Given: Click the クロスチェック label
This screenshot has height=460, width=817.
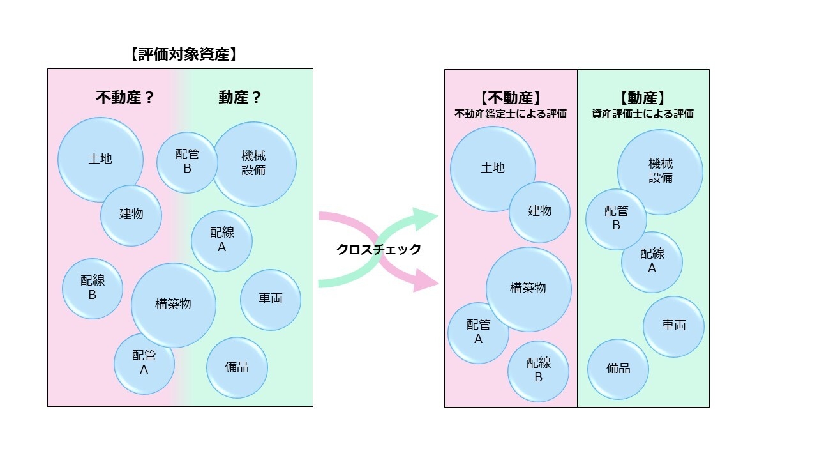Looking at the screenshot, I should coord(379,250).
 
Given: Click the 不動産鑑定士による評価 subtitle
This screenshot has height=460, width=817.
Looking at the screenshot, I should coord(511,114).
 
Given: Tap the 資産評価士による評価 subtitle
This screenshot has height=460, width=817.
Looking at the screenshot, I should coord(643,114).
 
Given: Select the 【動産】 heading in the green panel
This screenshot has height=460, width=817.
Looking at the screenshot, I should coord(643,98).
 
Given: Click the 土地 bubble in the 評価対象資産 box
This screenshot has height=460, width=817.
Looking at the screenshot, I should coord(100,159).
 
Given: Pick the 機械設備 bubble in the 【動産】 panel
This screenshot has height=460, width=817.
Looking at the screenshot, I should coord(661,171).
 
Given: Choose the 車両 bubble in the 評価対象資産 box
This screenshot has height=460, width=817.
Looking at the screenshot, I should coord(271,300).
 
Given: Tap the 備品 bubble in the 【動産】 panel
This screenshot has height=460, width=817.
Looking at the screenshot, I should coord(618,369).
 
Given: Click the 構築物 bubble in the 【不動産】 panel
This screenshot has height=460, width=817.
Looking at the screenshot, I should coord(528,289).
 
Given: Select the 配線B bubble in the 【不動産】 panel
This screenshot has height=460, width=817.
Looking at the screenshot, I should coord(538,371).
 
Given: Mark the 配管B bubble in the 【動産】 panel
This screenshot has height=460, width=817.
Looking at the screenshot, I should coord(616,219).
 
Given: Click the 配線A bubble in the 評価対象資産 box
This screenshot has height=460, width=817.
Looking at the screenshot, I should coord(221,241).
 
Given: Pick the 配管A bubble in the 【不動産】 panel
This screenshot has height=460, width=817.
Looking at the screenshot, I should coord(478,332).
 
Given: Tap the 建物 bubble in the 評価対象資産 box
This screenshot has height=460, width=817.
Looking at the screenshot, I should coord(131,215).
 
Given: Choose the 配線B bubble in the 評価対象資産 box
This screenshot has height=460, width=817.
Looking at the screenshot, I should coord(93,288).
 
